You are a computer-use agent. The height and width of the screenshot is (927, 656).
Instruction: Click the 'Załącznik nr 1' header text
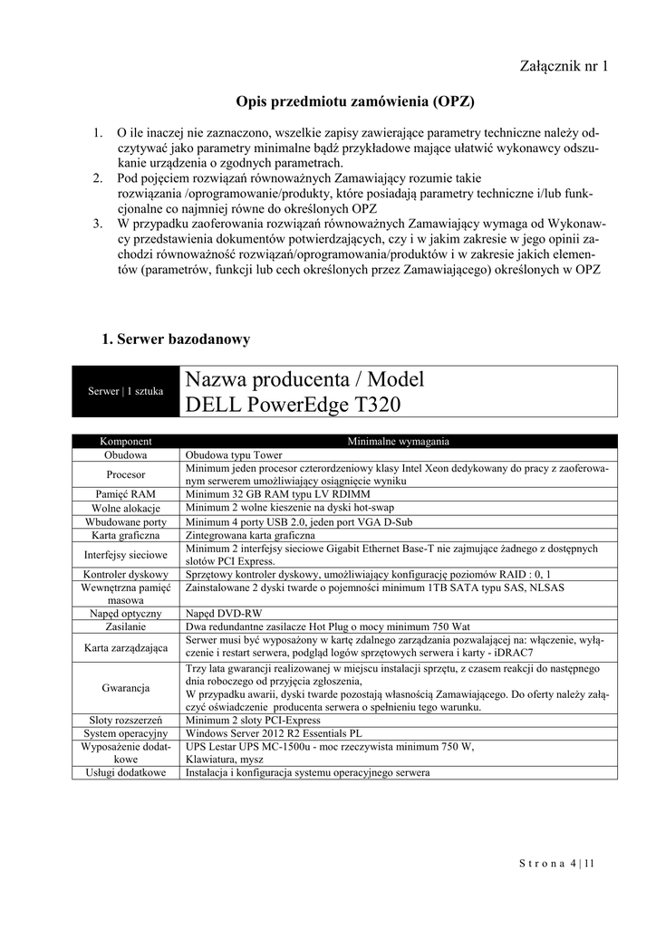point(564,66)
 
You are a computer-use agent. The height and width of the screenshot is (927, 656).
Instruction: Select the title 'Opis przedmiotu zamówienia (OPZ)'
point(355,100)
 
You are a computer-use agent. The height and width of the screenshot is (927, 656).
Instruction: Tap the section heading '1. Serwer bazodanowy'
point(177,339)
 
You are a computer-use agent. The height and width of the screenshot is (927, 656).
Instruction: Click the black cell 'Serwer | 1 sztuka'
point(126,391)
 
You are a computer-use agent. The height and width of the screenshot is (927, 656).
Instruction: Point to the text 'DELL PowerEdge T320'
point(293,405)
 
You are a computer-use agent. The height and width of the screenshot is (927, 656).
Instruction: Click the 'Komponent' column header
point(126,441)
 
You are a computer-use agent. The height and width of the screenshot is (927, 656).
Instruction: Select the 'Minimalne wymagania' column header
point(399,441)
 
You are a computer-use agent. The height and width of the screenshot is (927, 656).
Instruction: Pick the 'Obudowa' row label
point(126,454)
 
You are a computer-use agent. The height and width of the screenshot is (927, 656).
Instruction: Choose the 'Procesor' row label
point(126,474)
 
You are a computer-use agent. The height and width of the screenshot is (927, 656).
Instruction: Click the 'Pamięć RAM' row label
point(126,494)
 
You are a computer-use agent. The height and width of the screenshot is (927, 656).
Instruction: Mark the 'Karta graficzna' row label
point(126,535)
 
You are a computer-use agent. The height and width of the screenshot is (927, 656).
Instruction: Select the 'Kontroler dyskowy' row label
point(126,575)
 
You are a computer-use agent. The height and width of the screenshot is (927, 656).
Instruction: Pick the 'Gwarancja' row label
point(126,688)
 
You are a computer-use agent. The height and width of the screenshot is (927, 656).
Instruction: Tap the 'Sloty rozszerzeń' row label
point(126,720)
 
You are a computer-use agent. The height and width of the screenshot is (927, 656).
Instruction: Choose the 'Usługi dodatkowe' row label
point(126,773)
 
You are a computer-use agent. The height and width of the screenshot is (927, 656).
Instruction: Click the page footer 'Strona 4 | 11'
point(556,864)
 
